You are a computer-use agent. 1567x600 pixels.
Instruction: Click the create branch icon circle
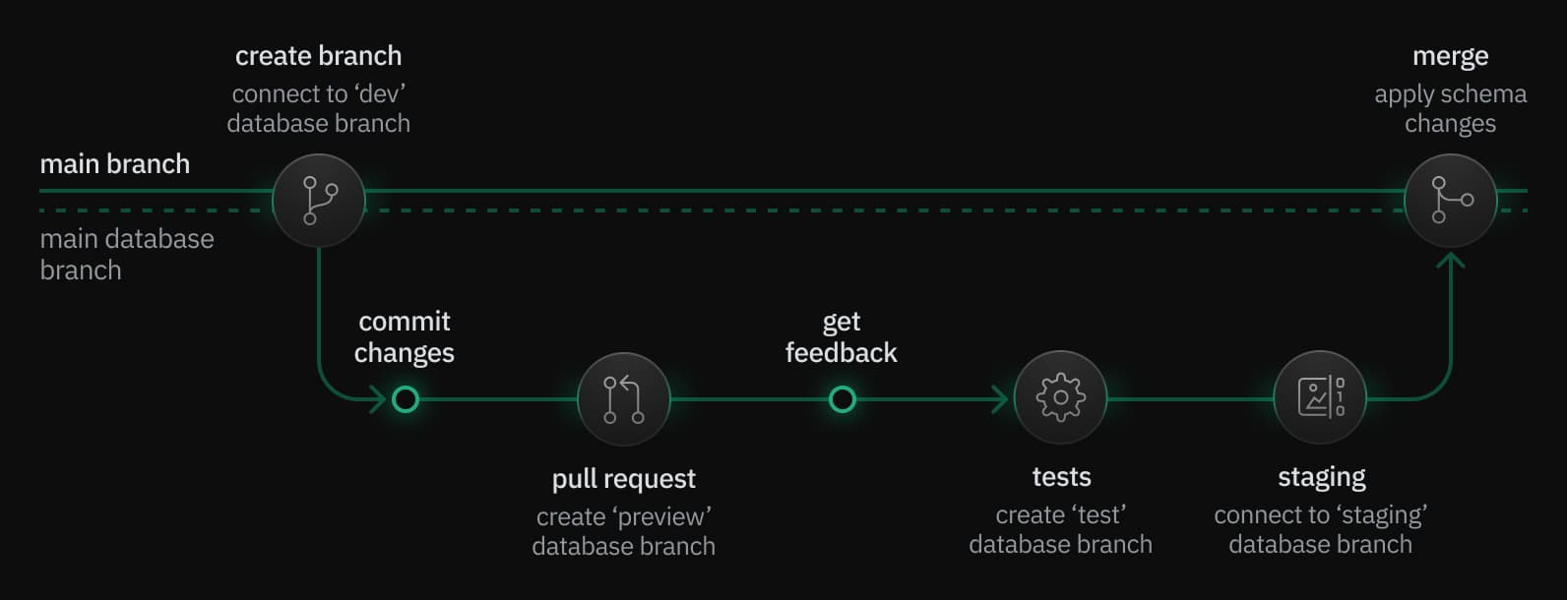pos(319,201)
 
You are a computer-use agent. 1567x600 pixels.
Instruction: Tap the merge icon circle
pos(1450,201)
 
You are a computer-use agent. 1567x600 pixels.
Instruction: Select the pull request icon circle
pos(624,399)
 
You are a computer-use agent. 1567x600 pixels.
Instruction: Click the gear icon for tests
pos(1060,398)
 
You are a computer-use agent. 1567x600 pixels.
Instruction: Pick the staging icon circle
pos(1320,397)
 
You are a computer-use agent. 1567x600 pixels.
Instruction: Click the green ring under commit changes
pos(406,399)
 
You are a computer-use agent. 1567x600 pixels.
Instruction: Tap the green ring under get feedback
pos(842,399)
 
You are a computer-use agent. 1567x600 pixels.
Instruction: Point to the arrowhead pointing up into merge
pos(1450,261)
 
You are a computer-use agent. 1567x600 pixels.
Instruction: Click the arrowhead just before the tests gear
pos(1001,399)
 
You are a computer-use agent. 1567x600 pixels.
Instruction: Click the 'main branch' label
pos(114,164)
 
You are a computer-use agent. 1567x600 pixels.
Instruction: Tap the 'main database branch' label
pos(126,254)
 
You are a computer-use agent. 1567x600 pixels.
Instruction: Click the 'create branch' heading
pos(318,56)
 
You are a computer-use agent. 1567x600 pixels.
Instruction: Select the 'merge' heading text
pos(1450,56)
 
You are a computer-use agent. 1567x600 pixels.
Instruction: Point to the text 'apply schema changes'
pos(1450,108)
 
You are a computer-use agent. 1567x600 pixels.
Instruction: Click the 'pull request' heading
pos(623,479)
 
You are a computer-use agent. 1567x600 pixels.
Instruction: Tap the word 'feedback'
pos(841,353)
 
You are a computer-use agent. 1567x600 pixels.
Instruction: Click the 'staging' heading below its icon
pos(1321,477)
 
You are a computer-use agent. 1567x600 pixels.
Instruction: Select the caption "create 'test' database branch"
pos(1060,529)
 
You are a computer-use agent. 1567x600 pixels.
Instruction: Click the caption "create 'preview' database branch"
pos(623,531)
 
